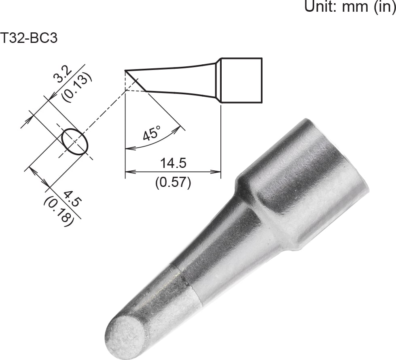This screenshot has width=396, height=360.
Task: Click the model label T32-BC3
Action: tap(29, 38)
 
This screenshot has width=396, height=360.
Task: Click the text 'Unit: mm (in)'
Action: tap(349, 7)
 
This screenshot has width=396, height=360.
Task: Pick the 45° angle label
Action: tap(152, 133)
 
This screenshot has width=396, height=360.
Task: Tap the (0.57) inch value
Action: tap(173, 182)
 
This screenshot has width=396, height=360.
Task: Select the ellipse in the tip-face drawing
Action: tap(75, 142)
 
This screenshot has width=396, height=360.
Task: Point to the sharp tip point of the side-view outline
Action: tap(126, 71)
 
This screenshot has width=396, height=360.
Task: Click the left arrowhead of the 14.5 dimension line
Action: tap(128, 172)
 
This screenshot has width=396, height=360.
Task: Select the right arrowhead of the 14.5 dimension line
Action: tap(218, 172)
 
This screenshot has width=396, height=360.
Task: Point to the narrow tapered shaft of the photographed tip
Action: tap(227, 251)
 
